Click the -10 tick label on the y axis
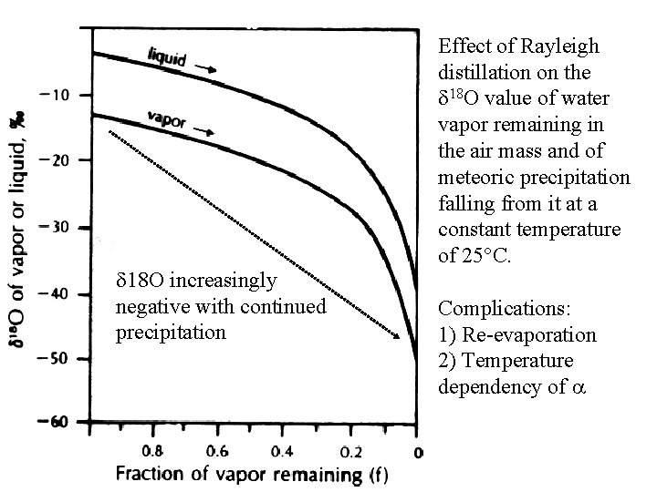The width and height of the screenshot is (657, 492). pyautogui.click(x=51, y=96)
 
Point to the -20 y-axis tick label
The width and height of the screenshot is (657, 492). pyautogui.click(x=51, y=160)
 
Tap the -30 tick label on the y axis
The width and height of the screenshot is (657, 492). pyautogui.click(x=51, y=227)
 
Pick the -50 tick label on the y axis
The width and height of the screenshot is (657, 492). pyautogui.click(x=51, y=359)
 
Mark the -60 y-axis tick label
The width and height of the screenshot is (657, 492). pyautogui.click(x=51, y=422)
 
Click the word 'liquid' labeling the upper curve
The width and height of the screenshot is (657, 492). pyautogui.click(x=167, y=56)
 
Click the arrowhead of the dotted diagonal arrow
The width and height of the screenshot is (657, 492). pyautogui.click(x=397, y=338)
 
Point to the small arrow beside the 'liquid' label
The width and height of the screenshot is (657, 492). pyautogui.click(x=207, y=68)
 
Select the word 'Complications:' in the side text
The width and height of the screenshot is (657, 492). pyautogui.click(x=495, y=309)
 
